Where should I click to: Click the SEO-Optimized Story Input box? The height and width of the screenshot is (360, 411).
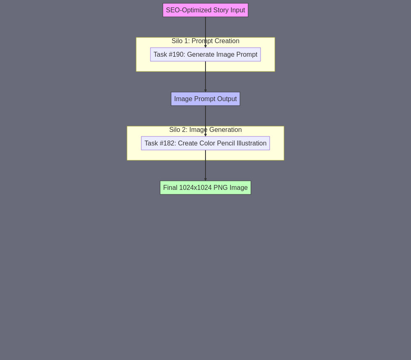pyautogui.click(x=205, y=10)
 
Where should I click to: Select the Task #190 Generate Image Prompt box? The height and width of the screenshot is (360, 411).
pyautogui.click(x=205, y=55)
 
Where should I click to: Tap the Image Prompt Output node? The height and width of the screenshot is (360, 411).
pyautogui.click(x=205, y=99)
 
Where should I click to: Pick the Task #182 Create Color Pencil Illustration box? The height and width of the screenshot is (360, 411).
pyautogui.click(x=205, y=143)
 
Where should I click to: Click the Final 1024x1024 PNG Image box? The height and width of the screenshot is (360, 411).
pyautogui.click(x=205, y=187)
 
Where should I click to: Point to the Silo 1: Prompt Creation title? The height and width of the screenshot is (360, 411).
pyautogui.click(x=205, y=41)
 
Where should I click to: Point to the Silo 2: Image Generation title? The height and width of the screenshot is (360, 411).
pyautogui.click(x=205, y=130)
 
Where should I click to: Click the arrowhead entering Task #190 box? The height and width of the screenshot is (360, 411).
pyautogui.click(x=205, y=46)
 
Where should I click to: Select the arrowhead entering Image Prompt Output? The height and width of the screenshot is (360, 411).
pyautogui.click(x=205, y=91)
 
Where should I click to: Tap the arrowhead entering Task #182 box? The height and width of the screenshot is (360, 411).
pyautogui.click(x=205, y=135)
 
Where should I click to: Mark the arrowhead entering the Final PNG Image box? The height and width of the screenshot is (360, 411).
pyautogui.click(x=205, y=180)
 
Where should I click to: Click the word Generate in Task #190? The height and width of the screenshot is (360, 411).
pyautogui.click(x=199, y=55)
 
